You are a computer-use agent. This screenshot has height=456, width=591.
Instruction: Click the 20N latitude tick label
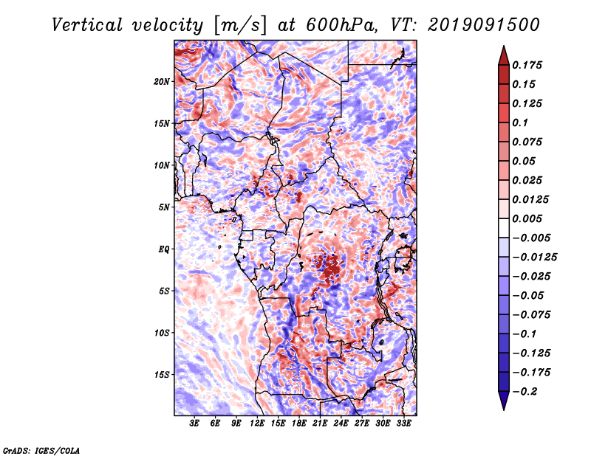[x=162, y=82]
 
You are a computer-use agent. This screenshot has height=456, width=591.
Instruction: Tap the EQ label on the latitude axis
[x=164, y=249]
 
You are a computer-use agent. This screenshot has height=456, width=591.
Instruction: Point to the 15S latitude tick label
[x=162, y=375]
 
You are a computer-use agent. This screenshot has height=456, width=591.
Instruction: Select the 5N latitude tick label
[x=164, y=207]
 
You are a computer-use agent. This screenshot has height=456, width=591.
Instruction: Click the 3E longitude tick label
[x=194, y=424]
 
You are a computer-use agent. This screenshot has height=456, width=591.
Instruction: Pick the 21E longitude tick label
[x=320, y=424]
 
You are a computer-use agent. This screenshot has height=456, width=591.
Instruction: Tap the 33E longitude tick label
[x=403, y=424]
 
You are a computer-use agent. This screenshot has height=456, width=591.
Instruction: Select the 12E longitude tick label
[x=256, y=424]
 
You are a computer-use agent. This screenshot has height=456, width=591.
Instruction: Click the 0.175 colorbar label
[x=527, y=65]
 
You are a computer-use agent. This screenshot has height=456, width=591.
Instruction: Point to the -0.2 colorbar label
[x=525, y=392]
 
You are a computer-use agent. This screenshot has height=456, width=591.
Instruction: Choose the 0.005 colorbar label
[x=527, y=218]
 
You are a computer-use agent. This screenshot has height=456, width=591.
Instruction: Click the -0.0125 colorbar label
[x=534, y=258]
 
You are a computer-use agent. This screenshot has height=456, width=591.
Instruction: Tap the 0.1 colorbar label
[x=520, y=122]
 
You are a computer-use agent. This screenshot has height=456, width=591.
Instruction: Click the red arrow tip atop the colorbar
[x=504, y=46]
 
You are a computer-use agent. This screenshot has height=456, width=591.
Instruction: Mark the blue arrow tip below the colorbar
[x=504, y=410]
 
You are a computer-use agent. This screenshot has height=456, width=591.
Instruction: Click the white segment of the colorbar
[x=504, y=228]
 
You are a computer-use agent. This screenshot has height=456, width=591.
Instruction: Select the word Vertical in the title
[x=87, y=25]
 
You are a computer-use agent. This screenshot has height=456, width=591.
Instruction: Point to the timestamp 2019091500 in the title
[x=484, y=25]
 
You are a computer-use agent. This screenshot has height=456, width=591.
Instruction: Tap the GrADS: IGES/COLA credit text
[x=41, y=450]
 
